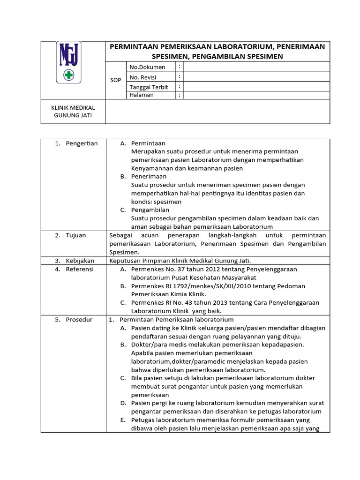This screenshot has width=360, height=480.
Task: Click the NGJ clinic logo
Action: (x=69, y=62)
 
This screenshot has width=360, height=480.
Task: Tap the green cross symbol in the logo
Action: (x=69, y=75)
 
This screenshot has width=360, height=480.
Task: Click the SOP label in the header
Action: (x=115, y=80)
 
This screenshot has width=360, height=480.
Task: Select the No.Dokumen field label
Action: (x=147, y=67)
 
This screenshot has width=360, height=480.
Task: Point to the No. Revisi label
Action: (x=143, y=77)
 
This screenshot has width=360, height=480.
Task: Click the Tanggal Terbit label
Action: (x=149, y=87)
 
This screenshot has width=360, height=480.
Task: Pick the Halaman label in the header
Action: (x=142, y=95)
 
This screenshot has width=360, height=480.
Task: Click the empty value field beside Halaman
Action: (x=256, y=95)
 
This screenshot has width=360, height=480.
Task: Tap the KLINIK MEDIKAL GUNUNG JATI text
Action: (x=73, y=111)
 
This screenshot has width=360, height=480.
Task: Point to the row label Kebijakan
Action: (x=80, y=261)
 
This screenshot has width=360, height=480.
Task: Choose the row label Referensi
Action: (x=80, y=269)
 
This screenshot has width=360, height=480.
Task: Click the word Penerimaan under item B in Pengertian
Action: (x=149, y=177)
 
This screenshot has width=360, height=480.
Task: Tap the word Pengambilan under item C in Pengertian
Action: (x=150, y=210)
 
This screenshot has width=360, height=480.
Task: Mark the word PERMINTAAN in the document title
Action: (x=133, y=46)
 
